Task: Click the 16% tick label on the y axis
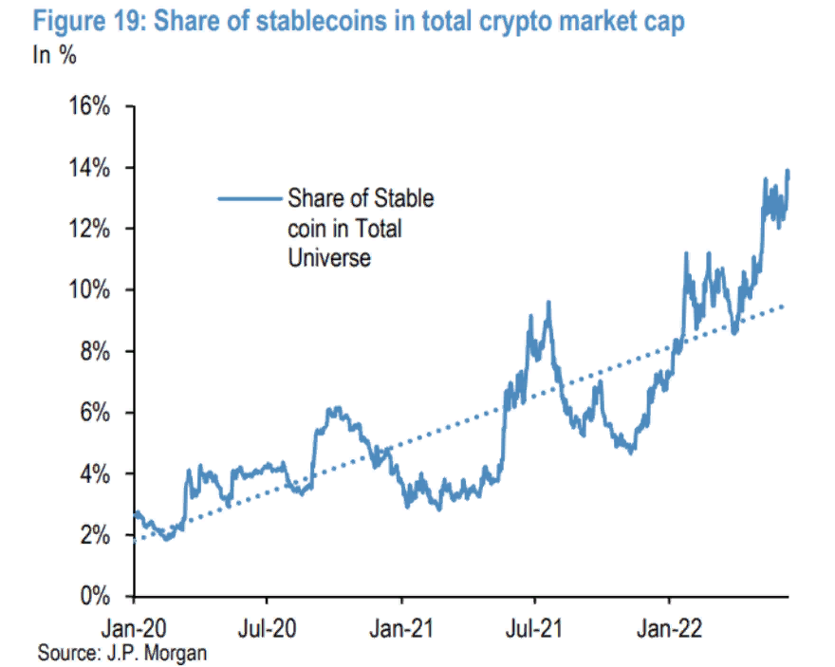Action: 90,106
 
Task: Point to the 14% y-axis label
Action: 90,168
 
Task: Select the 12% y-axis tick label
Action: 90,229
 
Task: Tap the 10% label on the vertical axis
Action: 90,290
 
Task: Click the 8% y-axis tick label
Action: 96,351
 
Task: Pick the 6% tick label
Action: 96,413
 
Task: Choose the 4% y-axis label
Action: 96,473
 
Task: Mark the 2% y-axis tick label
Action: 96,535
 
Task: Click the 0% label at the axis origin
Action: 96,596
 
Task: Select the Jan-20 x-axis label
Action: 134,627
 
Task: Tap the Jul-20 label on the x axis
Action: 268,627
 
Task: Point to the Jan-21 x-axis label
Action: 401,627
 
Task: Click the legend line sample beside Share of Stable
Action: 250,199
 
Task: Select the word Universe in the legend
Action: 328,256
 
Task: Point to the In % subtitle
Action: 55,55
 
